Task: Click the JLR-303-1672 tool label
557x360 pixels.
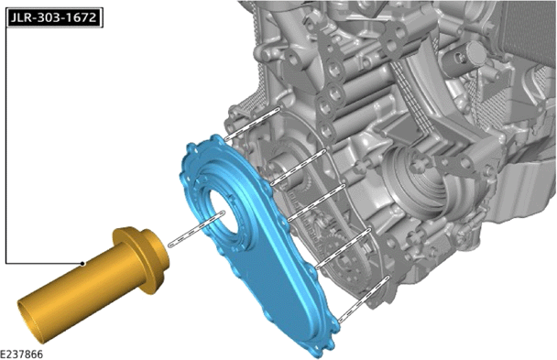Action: (54, 17)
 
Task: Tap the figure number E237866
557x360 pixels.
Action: (21, 354)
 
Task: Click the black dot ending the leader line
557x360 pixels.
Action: (82, 264)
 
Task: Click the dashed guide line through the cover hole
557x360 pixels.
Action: (196, 229)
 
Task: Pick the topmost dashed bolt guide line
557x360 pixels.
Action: (252, 124)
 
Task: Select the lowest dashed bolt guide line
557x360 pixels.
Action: (364, 299)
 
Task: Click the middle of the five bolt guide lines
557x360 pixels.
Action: (316, 202)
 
